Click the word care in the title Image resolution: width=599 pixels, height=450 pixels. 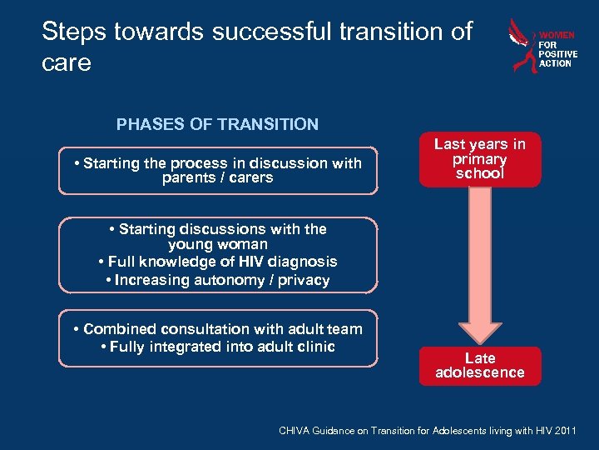[67, 62]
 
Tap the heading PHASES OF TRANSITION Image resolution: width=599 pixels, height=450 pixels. [217, 124]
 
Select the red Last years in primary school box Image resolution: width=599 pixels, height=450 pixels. [480, 159]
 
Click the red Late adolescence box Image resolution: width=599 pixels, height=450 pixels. [480, 365]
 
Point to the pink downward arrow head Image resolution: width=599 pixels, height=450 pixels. [480, 328]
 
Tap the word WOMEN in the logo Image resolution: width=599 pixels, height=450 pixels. [557, 36]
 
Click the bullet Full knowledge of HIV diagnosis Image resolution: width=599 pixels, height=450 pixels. [217, 262]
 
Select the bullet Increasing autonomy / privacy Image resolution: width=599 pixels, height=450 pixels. [218, 280]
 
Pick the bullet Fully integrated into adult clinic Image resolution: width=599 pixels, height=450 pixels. [217, 347]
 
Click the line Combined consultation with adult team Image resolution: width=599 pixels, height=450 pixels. [218, 329]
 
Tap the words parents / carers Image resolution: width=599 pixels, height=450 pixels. [218, 177]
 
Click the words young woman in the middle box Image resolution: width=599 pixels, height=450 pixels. [218, 244]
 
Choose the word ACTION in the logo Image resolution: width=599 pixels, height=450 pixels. [556, 63]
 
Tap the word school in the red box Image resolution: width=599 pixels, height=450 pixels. [480, 173]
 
